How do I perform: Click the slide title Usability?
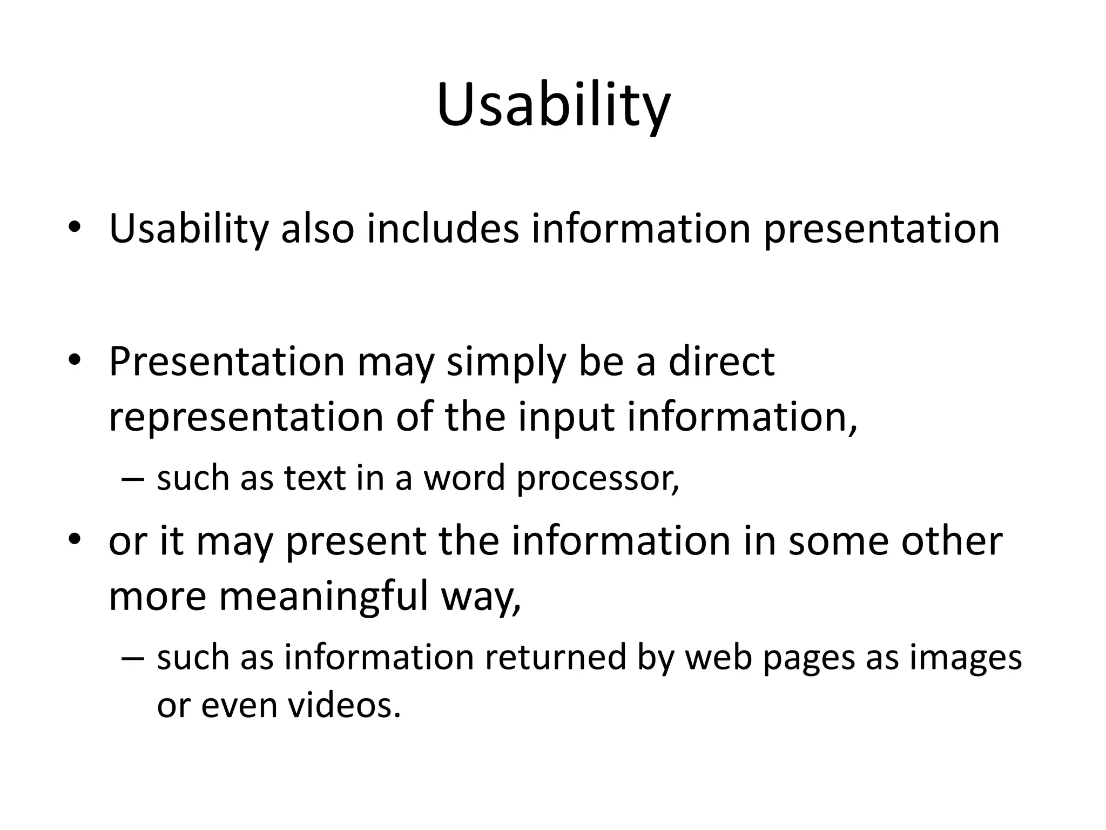click(553, 105)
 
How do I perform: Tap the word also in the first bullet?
click(318, 229)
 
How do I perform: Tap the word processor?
click(597, 479)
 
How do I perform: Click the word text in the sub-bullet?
click(315, 478)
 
